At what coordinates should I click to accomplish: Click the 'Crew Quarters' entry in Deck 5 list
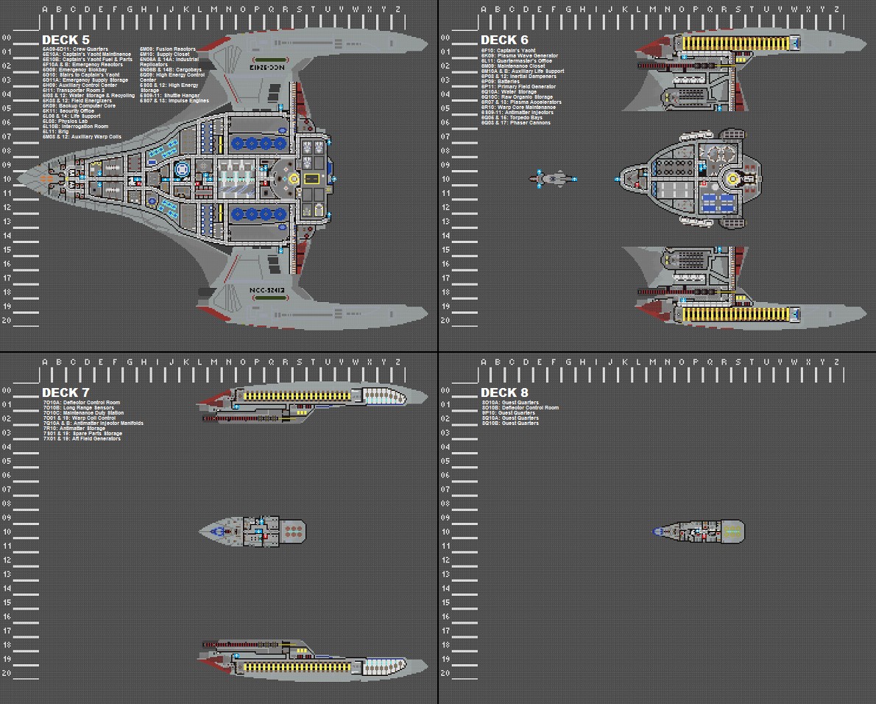75,49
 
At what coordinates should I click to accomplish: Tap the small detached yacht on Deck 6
554,178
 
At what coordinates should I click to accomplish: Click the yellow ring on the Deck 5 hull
294,178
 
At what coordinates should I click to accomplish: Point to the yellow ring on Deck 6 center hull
732,178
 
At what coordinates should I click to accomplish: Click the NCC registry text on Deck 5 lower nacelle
266,290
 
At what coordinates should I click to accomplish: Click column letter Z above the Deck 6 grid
837,10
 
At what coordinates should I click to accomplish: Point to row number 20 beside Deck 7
6,673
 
